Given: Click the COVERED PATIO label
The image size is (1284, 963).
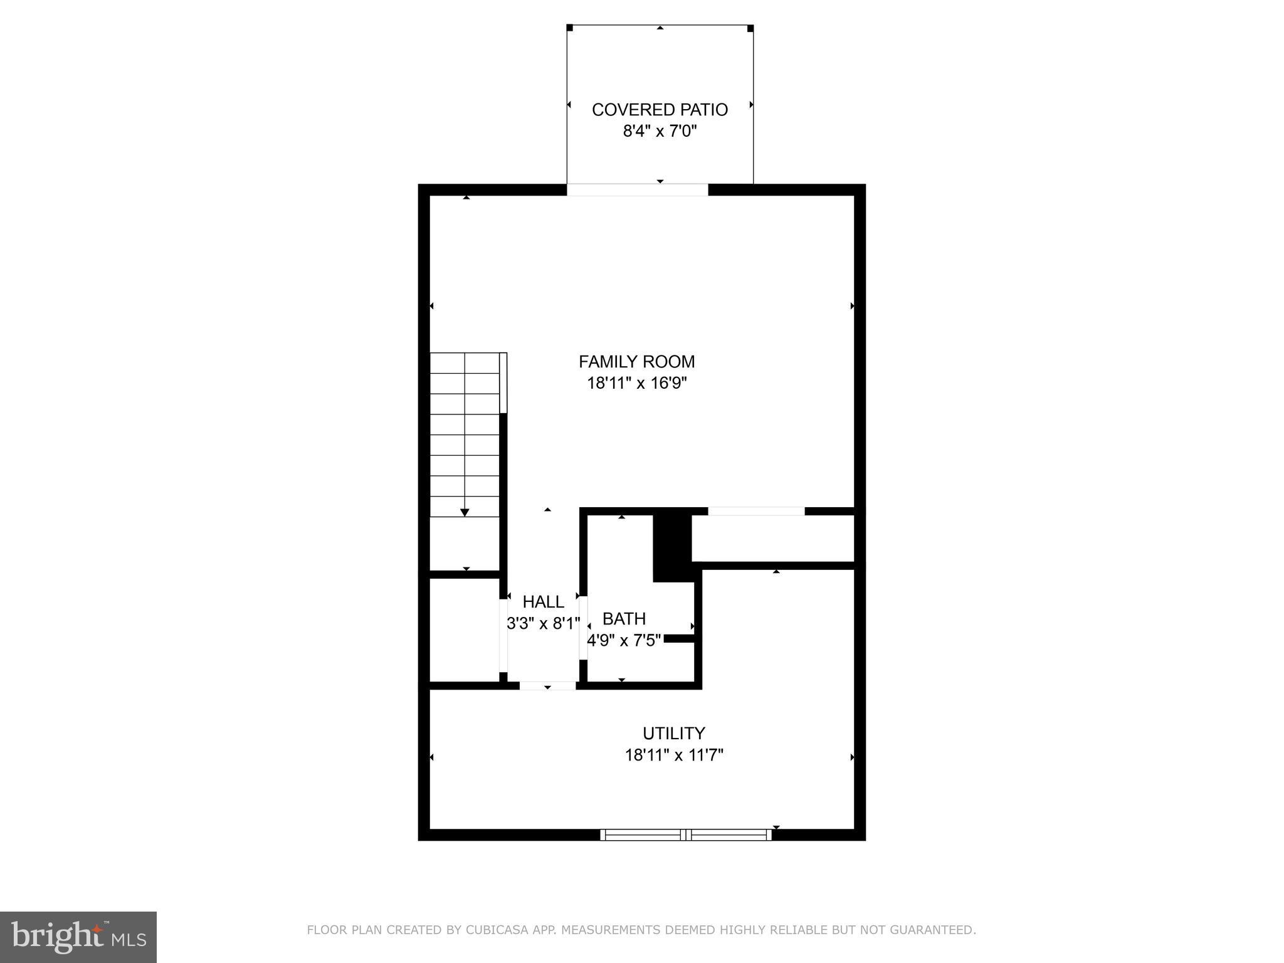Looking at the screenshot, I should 660,110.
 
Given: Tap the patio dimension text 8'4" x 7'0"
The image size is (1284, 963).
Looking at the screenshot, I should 660,132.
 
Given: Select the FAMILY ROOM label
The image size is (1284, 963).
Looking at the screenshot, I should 636,362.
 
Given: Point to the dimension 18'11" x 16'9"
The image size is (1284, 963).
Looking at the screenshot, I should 636,383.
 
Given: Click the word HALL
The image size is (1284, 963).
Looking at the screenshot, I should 543,602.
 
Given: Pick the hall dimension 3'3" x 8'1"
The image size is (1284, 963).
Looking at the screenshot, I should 543,624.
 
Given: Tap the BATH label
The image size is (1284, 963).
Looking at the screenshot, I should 624,619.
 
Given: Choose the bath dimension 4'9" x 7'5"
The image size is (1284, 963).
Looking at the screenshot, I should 624,641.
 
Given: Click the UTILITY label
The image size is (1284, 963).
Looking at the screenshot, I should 673,734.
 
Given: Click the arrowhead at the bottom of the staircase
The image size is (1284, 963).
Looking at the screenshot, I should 465,513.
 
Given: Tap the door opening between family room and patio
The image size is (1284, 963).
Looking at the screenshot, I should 638,190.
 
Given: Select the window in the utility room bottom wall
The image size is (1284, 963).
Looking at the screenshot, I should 686,834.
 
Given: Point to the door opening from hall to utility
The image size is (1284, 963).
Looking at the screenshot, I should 547,686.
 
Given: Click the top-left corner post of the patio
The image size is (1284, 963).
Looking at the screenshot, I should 569,28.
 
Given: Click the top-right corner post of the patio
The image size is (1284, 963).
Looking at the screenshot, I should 750,28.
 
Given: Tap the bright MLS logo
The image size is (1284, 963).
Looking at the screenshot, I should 78,937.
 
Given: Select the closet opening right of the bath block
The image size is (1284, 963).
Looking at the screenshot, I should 756,512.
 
